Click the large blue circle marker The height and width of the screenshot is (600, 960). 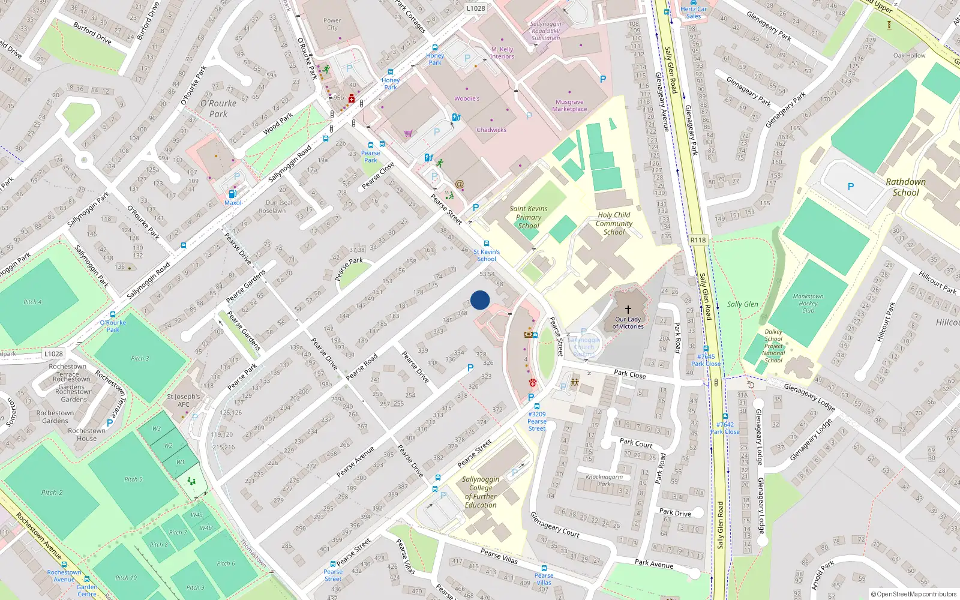pos(480,300)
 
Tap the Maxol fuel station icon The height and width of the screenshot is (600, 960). pos(233,194)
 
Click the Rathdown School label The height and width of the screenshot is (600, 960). pos(905,187)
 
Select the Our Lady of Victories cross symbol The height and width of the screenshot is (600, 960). pos(628,310)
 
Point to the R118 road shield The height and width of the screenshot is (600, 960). pos(698,240)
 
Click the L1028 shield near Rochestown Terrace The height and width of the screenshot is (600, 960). pos(53,354)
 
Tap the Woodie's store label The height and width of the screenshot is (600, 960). pos(467,98)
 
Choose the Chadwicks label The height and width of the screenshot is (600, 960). pos(491,130)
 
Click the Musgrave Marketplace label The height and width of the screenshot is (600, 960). pos(569,106)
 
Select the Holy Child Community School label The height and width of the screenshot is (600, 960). pos(614,223)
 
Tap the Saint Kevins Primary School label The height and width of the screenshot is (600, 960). pos(529,217)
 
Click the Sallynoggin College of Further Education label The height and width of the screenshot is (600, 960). pos(481,492)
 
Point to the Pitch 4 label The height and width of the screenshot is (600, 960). pos(32,302)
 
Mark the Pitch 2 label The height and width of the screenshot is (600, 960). pos(52,493)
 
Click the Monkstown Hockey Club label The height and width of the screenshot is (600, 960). pos(808,303)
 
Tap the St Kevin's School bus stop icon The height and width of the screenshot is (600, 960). pos(486,244)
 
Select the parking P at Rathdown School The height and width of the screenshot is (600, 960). pos(850,187)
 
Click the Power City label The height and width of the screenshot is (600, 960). pos(332,24)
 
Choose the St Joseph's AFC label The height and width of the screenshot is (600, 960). pos(184,400)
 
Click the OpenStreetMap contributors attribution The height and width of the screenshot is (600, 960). pos(914,594)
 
